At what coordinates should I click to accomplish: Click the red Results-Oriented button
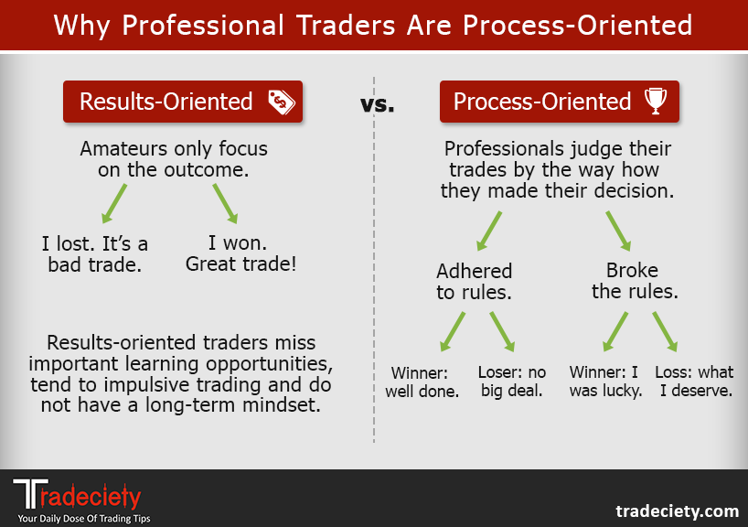click(x=182, y=102)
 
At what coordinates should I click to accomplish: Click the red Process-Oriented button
click(x=559, y=102)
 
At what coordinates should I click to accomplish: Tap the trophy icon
click(x=655, y=102)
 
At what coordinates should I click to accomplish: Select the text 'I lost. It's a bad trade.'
click(x=95, y=254)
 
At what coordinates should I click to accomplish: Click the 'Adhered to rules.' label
click(x=474, y=281)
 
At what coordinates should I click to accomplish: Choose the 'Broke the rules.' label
click(x=632, y=281)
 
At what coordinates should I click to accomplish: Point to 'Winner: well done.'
click(x=426, y=382)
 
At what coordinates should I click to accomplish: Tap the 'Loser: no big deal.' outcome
click(x=511, y=382)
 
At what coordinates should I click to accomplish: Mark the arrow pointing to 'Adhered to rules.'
click(x=489, y=230)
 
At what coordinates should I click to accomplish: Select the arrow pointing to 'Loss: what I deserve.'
click(x=663, y=331)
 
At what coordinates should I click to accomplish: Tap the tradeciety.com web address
click(x=676, y=510)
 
